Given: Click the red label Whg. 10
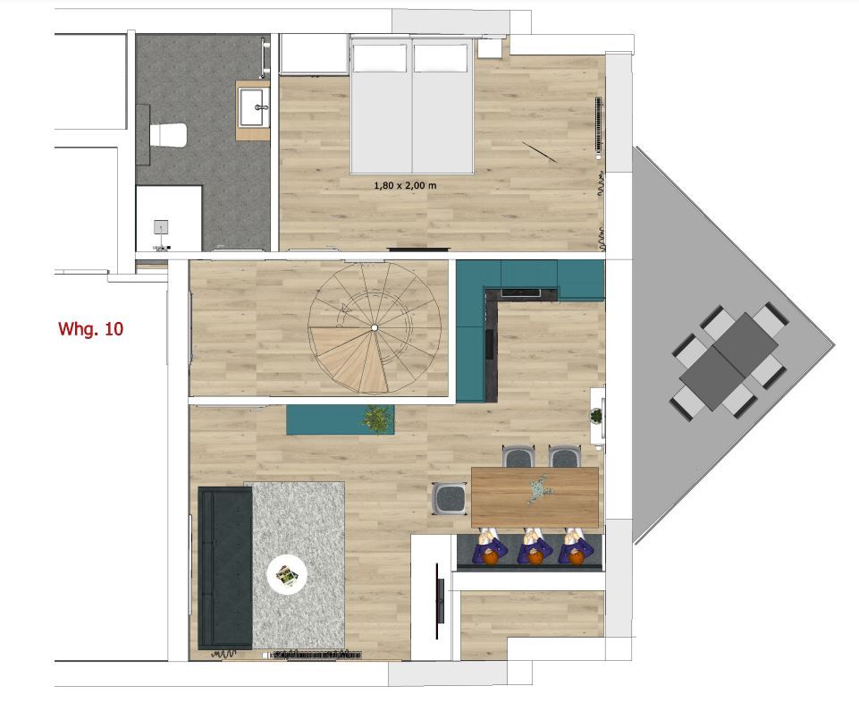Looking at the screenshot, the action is pos(90,329).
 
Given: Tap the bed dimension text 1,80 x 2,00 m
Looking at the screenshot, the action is pos(405,185).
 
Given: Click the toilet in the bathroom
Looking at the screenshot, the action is pos(168,134).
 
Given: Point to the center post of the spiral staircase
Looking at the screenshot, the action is pos(375,328).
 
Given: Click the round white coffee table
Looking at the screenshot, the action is pos(287,573).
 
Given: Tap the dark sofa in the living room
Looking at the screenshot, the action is pos(224,568).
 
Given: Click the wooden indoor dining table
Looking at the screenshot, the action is pos(535,496).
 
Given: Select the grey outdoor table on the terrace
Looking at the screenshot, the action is pos(728,360).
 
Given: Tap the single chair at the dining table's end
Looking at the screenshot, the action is pos(450,498).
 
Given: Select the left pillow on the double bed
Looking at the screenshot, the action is pos(380,58).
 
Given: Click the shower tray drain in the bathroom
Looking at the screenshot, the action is pos(161,226).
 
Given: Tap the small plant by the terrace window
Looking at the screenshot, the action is pos(596,416).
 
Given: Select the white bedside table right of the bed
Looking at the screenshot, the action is pos(490,47).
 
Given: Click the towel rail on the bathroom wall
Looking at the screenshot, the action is pos(265,57).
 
